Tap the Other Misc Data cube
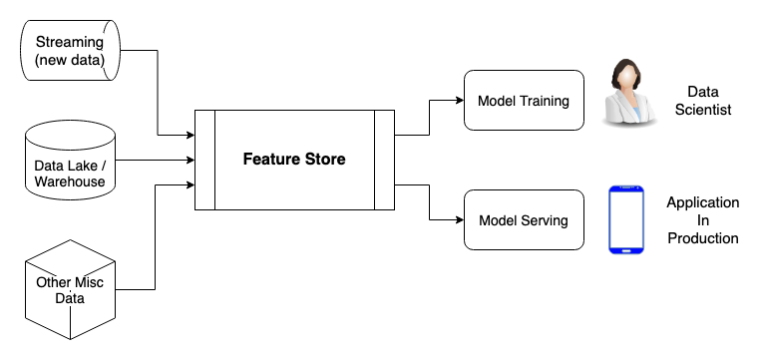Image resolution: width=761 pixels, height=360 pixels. pyautogui.click(x=70, y=289)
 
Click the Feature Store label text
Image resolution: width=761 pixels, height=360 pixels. pyautogui.click(x=294, y=160)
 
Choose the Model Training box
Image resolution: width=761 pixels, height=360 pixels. pyautogui.click(x=523, y=100)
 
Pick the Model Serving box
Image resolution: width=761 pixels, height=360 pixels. pyautogui.click(x=523, y=220)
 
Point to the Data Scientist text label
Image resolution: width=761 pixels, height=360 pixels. pyautogui.click(x=709, y=100)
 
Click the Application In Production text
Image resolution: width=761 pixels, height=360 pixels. pyautogui.click(x=703, y=220)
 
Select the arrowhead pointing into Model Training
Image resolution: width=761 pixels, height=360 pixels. pyautogui.click(x=459, y=100)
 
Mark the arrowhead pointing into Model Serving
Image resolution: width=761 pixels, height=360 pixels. pyautogui.click(x=459, y=220)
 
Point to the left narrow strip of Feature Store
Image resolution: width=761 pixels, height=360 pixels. pyautogui.click(x=204, y=160)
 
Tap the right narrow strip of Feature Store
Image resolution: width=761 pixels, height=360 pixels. pyautogui.click(x=384, y=160)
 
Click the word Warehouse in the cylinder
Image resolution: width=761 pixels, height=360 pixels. pyautogui.click(x=70, y=181)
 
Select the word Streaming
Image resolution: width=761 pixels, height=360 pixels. pyautogui.click(x=69, y=42)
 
